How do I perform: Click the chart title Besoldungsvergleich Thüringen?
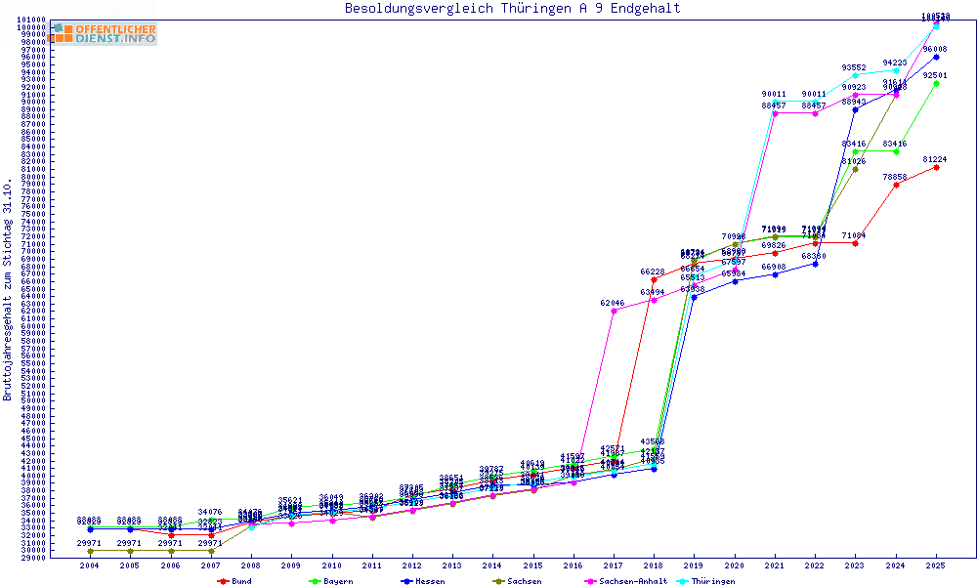pos(512,9)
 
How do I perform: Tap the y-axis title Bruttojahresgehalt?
pos(9,290)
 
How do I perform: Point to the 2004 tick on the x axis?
pos(90,565)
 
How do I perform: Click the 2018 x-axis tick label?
pos(654,565)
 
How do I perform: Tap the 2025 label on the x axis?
pos(936,565)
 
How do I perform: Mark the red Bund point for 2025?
pos(936,167)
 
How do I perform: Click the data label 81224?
pos(935,159)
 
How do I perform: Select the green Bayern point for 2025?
pos(936,83)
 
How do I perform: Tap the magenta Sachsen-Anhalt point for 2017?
pos(614,312)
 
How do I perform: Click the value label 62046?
pos(613,303)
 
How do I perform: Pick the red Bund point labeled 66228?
pos(654,279)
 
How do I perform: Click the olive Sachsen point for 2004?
pos(90,551)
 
